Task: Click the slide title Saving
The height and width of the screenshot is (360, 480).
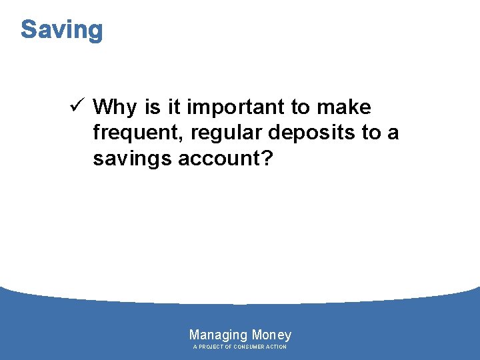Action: pos(62,30)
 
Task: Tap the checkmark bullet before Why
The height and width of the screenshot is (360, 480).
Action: pos(75,106)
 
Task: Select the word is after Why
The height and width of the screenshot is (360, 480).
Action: pos(152,107)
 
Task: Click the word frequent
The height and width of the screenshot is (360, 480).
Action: pos(138,134)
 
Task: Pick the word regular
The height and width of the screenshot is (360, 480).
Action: pos(226,134)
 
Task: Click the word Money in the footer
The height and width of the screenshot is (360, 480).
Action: pos(271,335)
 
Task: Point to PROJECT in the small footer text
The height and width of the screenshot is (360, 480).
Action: pos(211,347)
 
